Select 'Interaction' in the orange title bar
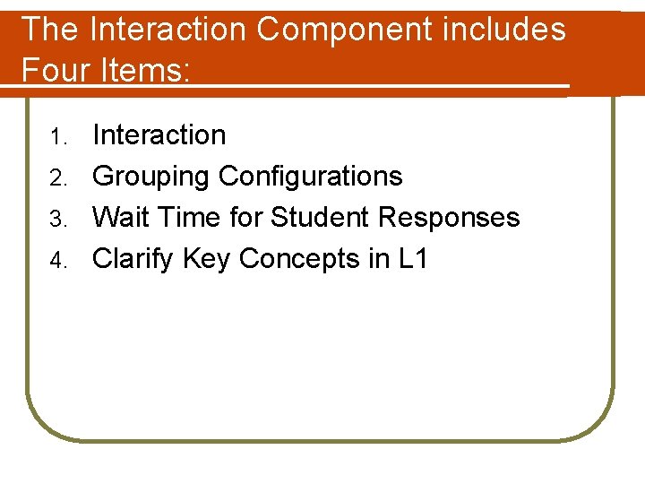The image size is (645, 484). (x=168, y=30)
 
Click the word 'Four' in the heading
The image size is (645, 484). (x=54, y=69)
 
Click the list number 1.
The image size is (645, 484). (x=58, y=137)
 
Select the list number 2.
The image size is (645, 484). (x=58, y=178)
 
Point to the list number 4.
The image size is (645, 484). (x=58, y=261)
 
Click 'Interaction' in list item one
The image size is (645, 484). (x=159, y=135)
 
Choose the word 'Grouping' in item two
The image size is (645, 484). (x=151, y=177)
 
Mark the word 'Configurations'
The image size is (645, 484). (x=311, y=177)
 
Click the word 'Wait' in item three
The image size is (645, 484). (x=121, y=218)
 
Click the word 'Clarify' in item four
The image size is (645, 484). (x=133, y=260)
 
